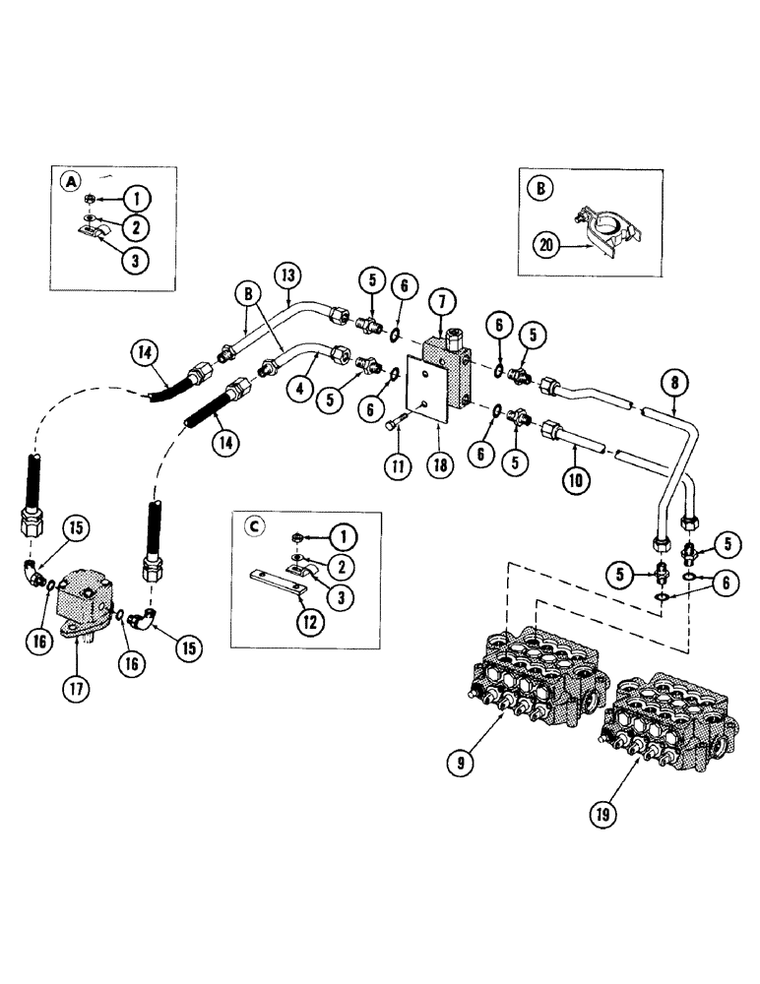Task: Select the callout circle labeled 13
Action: pos(287,277)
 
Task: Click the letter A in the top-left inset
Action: pos(70,182)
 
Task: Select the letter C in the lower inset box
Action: pos(255,526)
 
